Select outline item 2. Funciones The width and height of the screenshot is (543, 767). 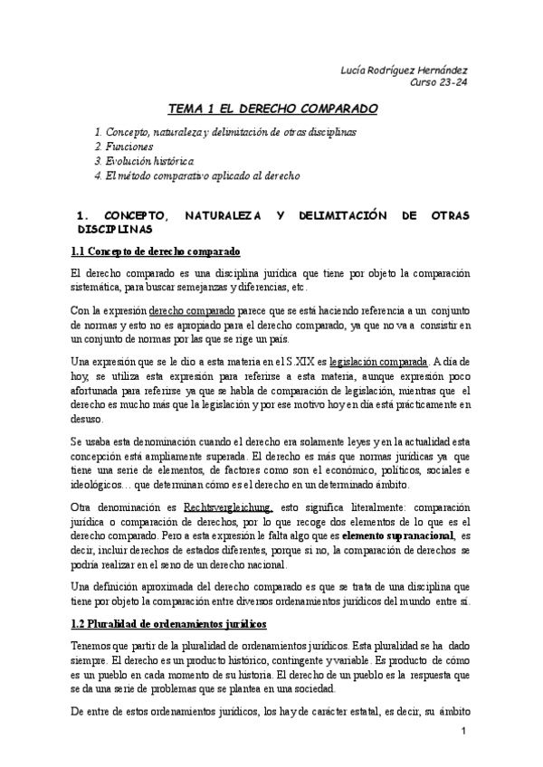click(x=124, y=146)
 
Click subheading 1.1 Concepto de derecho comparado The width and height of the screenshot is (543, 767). click(x=154, y=251)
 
